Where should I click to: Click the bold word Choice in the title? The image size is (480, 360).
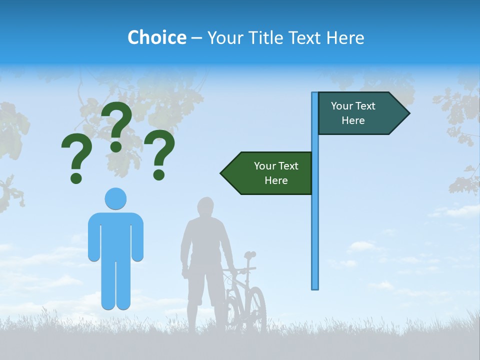pyautogui.click(x=156, y=37)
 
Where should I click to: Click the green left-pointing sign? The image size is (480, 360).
pyautogui.click(x=270, y=173)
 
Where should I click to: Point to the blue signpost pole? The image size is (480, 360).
pyautogui.click(x=315, y=225)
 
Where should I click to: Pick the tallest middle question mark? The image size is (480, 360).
pyautogui.click(x=117, y=125)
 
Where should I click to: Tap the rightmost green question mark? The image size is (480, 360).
pyautogui.click(x=160, y=152)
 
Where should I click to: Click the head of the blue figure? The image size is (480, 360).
pyautogui.click(x=115, y=198)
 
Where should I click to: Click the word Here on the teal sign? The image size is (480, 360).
pyautogui.click(x=353, y=120)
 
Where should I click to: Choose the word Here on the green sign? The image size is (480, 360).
pyautogui.click(x=276, y=180)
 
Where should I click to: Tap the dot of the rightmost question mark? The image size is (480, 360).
pyautogui.click(x=159, y=174)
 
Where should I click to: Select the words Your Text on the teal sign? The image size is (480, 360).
pyautogui.click(x=353, y=106)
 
